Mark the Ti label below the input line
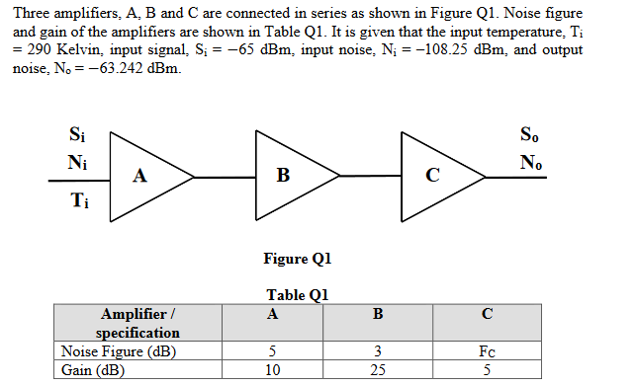coord(76,202)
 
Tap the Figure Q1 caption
coord(297,259)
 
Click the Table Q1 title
coord(297,294)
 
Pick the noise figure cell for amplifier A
coord(272,351)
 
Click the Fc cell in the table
coord(486,351)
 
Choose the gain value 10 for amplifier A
coord(272,370)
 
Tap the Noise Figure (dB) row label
coord(109,351)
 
